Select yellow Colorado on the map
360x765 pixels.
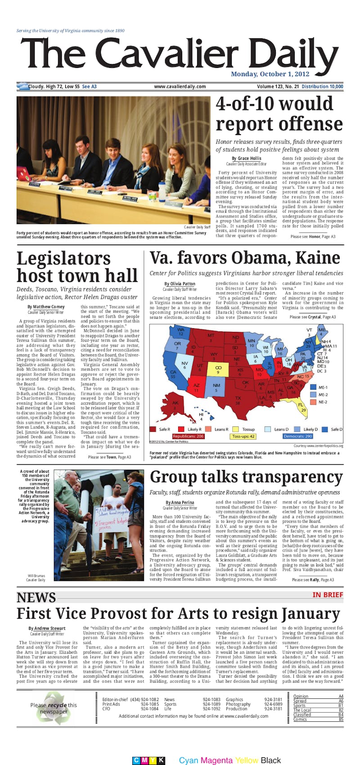pos(218,370)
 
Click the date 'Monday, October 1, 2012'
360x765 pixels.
pos(270,74)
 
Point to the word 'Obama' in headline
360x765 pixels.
pos(260,258)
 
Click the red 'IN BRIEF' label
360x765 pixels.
pos(328,595)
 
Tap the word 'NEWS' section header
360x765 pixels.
pos(36,598)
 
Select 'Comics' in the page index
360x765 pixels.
pos(300,720)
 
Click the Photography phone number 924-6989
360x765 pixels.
pos(273,704)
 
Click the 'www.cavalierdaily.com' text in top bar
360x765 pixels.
pos(180,86)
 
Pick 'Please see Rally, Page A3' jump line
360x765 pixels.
pos(313,579)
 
